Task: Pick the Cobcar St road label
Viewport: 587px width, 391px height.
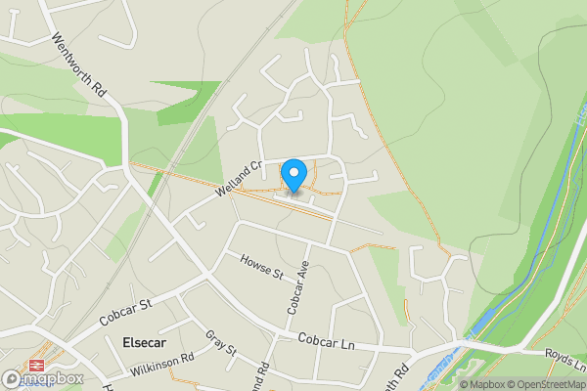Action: tap(125, 313)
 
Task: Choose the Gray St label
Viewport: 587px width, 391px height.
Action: tap(222, 341)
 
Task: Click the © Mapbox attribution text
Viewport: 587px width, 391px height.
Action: tap(481, 384)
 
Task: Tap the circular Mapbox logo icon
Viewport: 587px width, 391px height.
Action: tap(13, 378)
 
